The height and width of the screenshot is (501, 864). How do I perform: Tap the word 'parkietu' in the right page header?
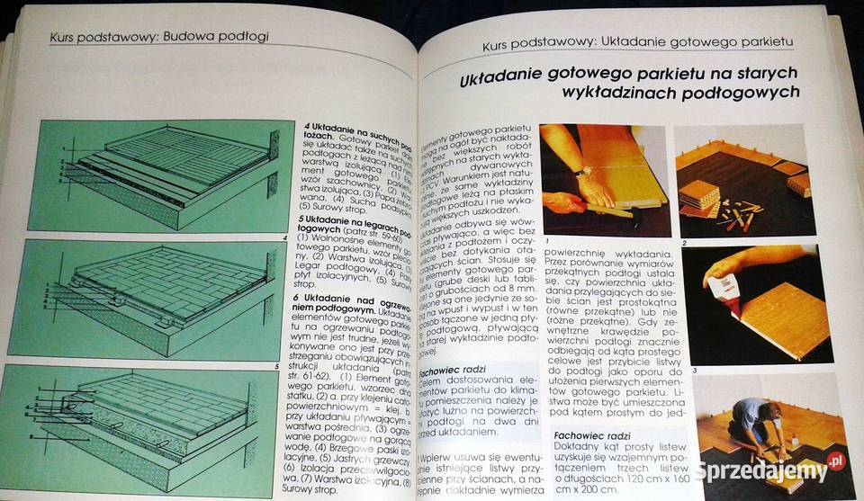(x=760, y=41)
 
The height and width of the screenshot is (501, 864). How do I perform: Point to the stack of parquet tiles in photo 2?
(x=699, y=194)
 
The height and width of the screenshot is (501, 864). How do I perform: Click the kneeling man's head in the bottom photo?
(x=771, y=411)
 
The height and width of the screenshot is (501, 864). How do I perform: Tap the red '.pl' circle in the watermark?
(x=836, y=461)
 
